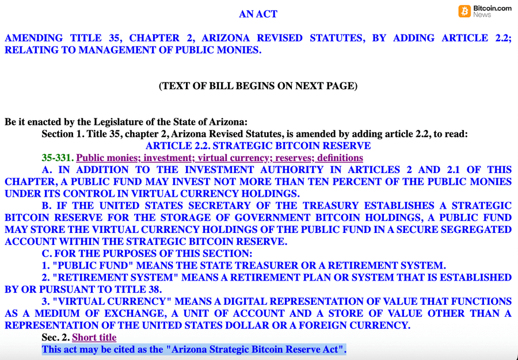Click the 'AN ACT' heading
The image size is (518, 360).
258,14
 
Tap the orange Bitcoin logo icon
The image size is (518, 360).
464,11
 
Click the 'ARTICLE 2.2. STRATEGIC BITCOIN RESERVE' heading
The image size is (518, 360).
258,145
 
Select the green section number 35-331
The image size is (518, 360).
57,158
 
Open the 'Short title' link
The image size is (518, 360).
94,338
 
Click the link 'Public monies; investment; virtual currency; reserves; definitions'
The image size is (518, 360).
219,158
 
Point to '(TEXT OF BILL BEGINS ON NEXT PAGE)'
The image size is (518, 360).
258,86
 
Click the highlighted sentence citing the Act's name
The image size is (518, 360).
194,350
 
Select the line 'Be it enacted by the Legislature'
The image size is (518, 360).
126,122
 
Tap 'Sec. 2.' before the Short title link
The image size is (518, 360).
55,338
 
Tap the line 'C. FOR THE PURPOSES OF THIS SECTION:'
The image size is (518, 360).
147,254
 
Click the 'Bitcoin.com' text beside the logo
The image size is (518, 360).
492,9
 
